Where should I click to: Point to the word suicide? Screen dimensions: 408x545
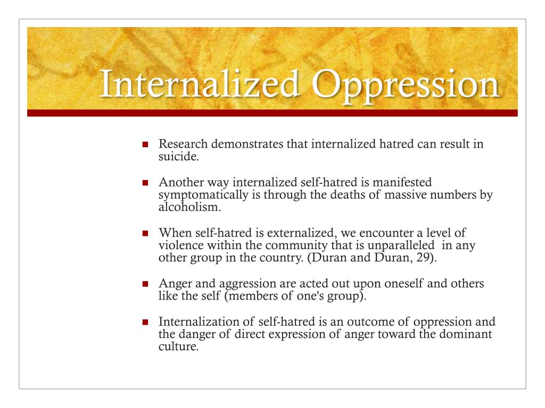[x=176, y=156]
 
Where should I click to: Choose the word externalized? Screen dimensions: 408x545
[x=279, y=234]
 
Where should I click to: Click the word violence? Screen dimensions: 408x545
[x=179, y=246]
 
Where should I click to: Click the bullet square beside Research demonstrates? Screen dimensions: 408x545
[x=145, y=145]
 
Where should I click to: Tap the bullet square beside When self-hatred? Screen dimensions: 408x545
[x=145, y=234]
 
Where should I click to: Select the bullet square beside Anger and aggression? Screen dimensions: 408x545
[x=145, y=284]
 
